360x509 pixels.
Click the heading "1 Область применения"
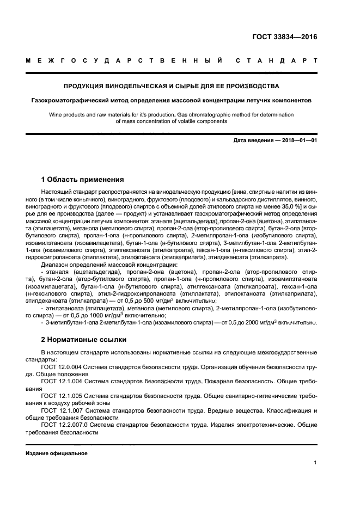click(83, 180)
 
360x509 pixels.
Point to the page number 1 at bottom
click(315, 463)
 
